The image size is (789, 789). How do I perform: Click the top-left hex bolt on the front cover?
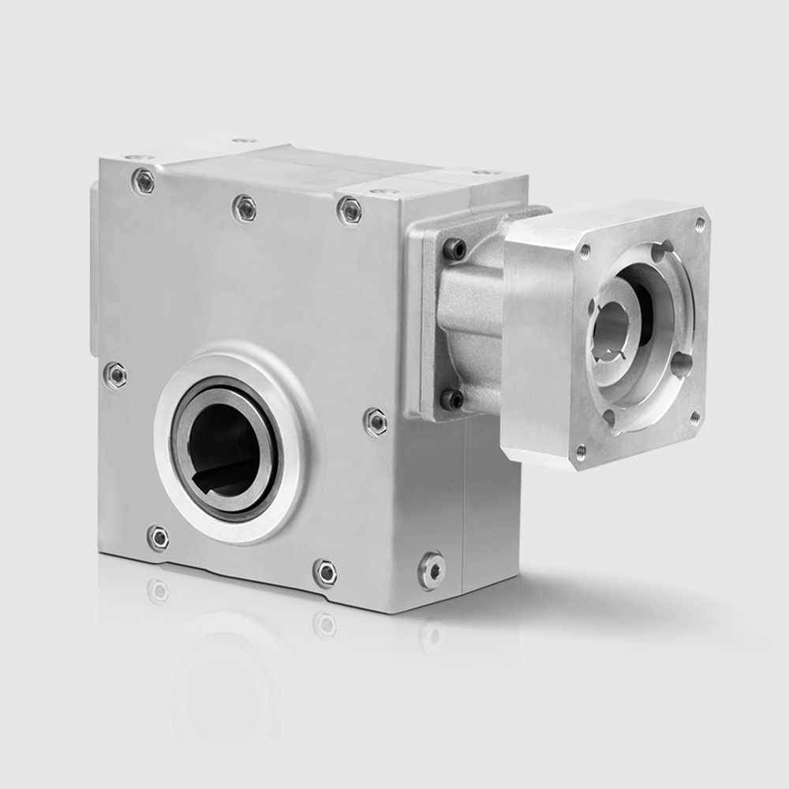click(143, 181)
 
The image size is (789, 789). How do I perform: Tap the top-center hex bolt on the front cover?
click(245, 208)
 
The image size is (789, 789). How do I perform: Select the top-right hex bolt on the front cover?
click(349, 210)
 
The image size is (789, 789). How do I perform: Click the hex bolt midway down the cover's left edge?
click(115, 375)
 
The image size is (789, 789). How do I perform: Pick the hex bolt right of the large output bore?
click(376, 421)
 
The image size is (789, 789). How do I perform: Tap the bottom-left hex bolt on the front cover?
click(158, 538)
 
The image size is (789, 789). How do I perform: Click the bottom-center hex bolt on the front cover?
click(325, 572)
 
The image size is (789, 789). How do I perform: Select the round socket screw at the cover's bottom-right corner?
click(432, 569)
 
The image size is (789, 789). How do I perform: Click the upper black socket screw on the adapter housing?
click(454, 249)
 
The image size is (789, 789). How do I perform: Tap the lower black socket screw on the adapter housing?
click(452, 399)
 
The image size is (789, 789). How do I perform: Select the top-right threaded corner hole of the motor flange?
click(699, 224)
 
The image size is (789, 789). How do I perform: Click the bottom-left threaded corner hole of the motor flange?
click(581, 452)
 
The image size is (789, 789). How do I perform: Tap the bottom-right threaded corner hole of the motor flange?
click(694, 417)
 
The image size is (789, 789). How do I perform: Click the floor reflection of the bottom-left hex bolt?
click(158, 590)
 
